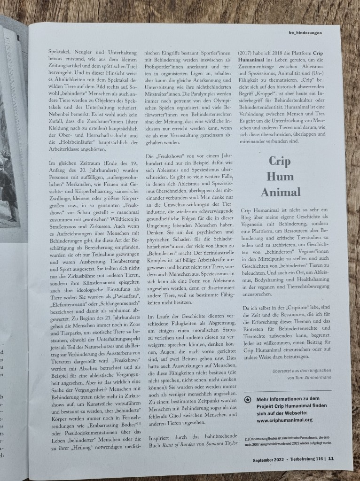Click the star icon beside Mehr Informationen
247,399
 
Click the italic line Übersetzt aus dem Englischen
299,370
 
